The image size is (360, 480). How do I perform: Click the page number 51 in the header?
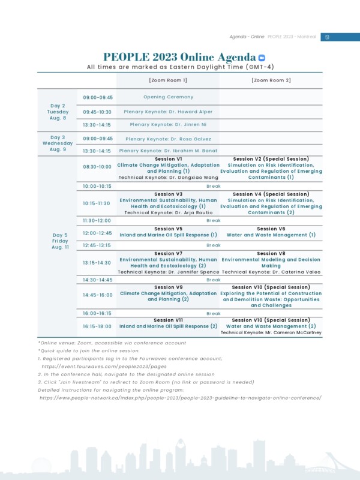[x=327, y=37]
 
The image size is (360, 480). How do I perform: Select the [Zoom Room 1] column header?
[x=168, y=80]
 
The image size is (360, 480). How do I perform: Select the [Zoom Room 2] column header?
[x=271, y=80]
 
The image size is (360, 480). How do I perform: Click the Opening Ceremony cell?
[x=168, y=97]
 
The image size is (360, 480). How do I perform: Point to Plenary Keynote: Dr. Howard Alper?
[x=168, y=112]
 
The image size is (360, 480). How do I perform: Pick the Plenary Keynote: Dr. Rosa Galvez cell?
[x=169, y=139]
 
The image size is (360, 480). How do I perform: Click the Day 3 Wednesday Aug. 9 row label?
[x=58, y=143]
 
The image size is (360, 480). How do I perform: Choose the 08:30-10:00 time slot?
[x=97, y=167]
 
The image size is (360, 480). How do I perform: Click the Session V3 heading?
[x=168, y=194]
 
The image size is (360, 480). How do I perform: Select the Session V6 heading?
[x=271, y=229]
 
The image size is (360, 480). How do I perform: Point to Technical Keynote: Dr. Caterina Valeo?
[x=271, y=272]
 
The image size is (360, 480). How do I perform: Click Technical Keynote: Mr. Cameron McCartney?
[x=271, y=332]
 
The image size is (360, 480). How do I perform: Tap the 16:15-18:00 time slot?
[x=97, y=326]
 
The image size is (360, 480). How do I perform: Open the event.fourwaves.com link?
[x=104, y=366]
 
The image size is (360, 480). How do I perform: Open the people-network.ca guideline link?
[x=181, y=397]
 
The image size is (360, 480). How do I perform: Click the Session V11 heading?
[x=168, y=320]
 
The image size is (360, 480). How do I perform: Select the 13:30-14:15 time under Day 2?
[x=97, y=125]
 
